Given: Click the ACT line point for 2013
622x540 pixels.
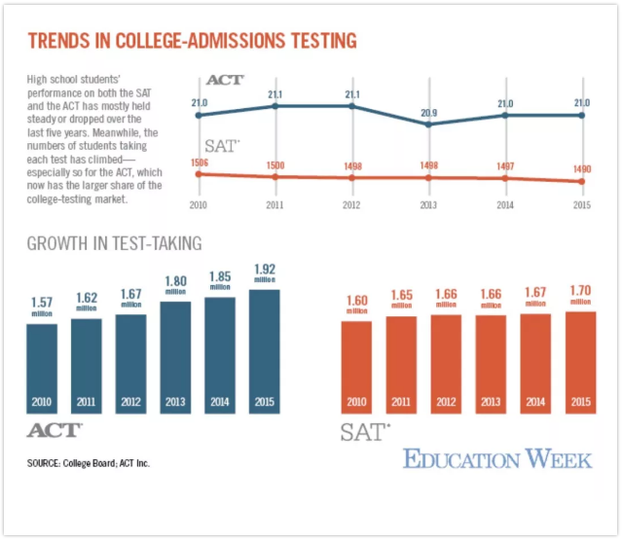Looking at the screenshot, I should coord(428,124).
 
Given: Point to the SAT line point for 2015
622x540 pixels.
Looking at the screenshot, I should coord(582,181).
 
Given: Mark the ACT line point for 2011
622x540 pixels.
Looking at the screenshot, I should coord(275,105).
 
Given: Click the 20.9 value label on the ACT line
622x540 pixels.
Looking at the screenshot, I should coord(428,113).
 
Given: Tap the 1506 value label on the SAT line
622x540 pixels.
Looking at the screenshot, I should coord(199,162).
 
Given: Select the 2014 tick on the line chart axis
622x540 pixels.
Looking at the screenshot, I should coord(505,206).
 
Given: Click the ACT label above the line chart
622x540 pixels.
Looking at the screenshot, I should coord(225,79).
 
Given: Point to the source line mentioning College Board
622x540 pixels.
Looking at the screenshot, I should coord(89,463).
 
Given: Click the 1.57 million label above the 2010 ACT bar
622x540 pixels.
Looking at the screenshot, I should coord(41,306).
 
